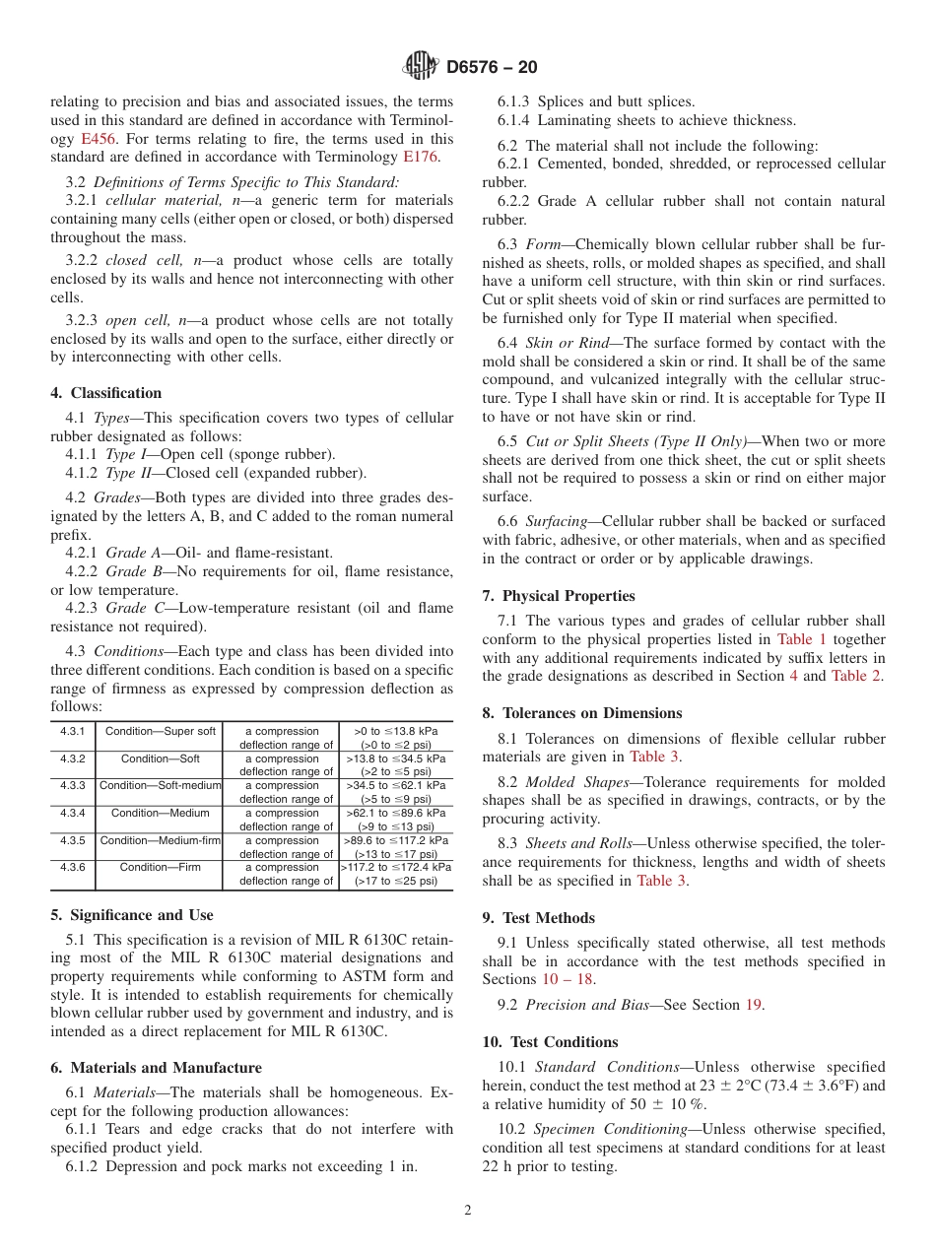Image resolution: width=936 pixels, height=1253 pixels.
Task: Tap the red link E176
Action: [x=421, y=158]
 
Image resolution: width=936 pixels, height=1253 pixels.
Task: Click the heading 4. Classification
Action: [x=105, y=393]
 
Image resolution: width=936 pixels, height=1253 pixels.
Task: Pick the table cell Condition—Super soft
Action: [x=160, y=731]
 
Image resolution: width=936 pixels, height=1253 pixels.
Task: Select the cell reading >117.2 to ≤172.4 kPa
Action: [x=395, y=867]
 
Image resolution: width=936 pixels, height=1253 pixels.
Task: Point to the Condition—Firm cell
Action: [x=160, y=867]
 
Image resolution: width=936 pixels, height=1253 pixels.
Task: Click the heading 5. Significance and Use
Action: [x=131, y=915]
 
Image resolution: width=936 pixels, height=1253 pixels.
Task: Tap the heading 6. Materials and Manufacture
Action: [x=156, y=1068]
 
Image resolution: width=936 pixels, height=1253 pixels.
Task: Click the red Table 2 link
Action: [x=857, y=676]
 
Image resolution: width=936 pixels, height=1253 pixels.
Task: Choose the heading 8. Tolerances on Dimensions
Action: [x=581, y=713]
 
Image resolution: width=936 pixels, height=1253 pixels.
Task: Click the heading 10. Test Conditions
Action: [x=550, y=1042]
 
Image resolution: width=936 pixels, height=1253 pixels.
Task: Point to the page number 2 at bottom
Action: [x=468, y=1211]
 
